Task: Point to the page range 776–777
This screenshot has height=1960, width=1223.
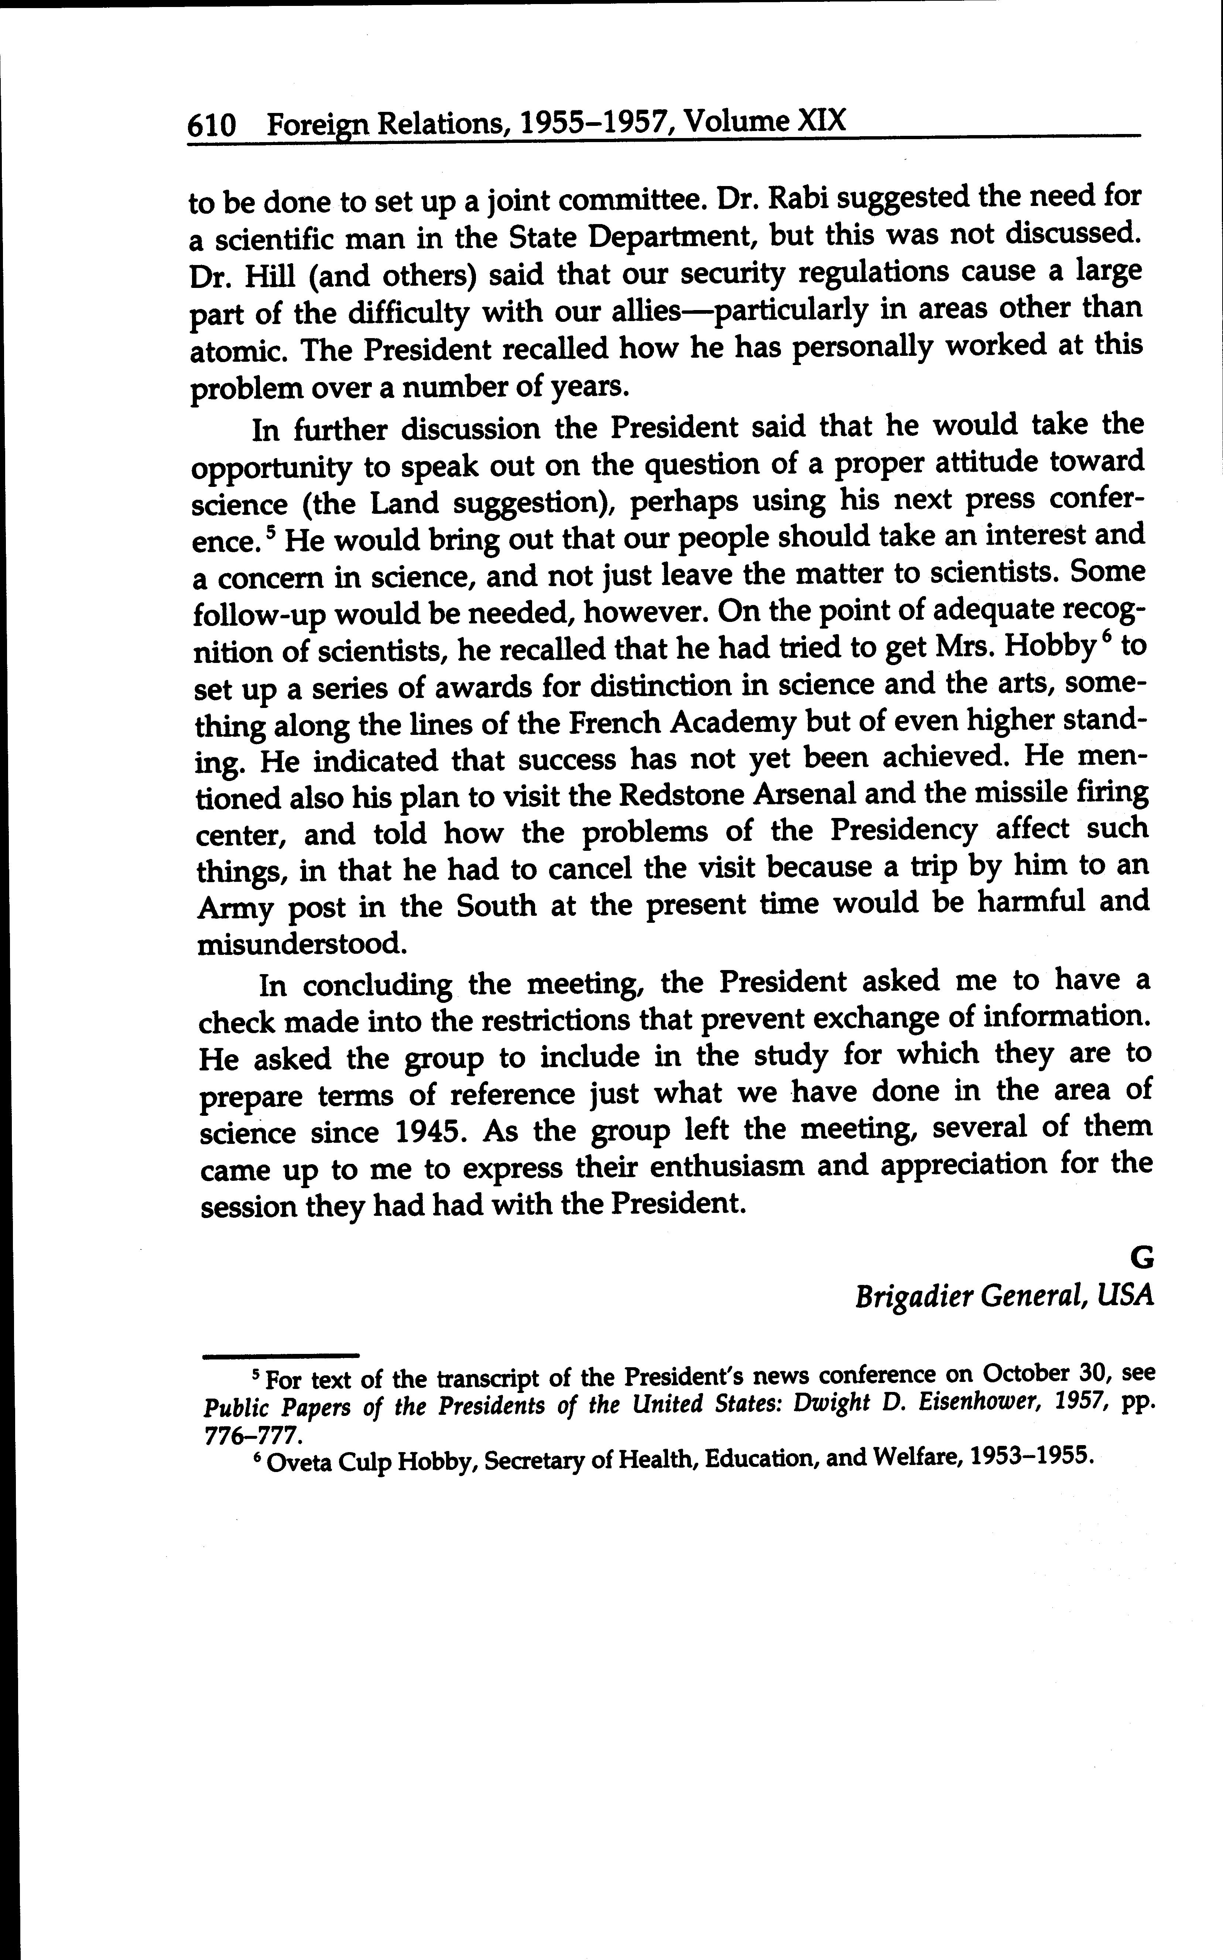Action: tap(252, 1435)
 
